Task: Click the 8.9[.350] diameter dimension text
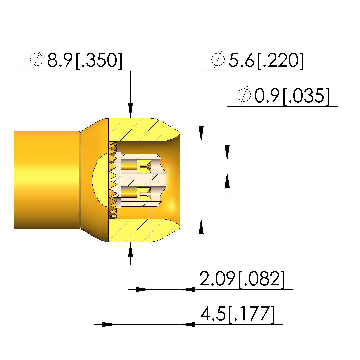pyautogui.click(x=85, y=60)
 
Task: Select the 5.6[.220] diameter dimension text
pyautogui.click(x=266, y=60)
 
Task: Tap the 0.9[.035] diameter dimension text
pyautogui.click(x=292, y=96)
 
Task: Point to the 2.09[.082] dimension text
pyautogui.click(x=242, y=279)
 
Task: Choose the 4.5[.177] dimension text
pyautogui.click(x=238, y=314)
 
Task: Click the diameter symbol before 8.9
pyautogui.click(x=37, y=60)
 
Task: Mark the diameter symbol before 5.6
pyautogui.click(x=218, y=60)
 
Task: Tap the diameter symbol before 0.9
pyautogui.click(x=244, y=95)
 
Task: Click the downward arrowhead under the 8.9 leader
pyautogui.click(x=130, y=111)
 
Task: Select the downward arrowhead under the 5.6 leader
pyautogui.click(x=201, y=133)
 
